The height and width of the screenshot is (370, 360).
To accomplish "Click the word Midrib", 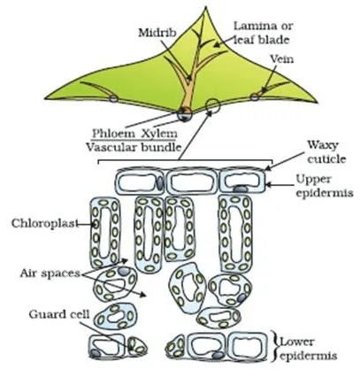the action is click(157, 33).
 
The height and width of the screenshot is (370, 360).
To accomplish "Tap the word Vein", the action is click(282, 59).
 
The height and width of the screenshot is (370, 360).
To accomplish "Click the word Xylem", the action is click(159, 134).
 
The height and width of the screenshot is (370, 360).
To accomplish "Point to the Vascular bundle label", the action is click(133, 147).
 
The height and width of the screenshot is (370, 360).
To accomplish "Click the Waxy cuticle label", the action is click(326, 152).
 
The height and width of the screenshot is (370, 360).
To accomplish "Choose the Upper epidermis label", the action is click(325, 186).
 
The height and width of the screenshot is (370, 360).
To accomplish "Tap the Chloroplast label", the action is click(45, 223).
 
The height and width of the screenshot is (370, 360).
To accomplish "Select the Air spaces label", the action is click(50, 274).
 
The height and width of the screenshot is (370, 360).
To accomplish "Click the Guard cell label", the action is click(59, 314).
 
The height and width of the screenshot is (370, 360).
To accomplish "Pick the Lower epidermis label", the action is click(308, 348).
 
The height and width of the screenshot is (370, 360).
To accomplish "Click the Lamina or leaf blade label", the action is click(263, 33).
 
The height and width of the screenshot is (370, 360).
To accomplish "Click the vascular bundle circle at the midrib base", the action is click(185, 114).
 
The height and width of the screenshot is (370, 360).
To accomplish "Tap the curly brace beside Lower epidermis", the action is click(275, 347).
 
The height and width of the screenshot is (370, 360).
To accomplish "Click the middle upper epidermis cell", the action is click(192, 182).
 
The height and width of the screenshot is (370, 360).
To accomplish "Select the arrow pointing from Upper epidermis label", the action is click(280, 185).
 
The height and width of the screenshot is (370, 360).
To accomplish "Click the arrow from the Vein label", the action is click(269, 79).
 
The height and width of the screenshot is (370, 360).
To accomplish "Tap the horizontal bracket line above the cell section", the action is click(185, 161).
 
